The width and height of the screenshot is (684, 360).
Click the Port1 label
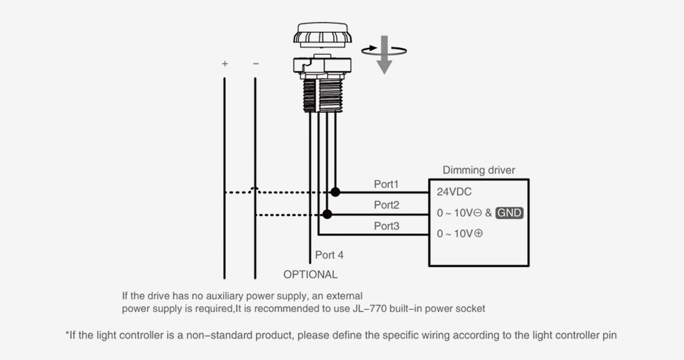pyautogui.click(x=386, y=184)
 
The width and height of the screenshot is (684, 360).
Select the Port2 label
pyautogui.click(x=386, y=205)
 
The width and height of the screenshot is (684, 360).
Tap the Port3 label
pyautogui.click(x=386, y=226)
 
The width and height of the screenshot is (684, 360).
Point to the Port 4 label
pyautogui.click(x=330, y=255)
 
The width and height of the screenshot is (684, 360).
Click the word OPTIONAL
pyautogui.click(x=310, y=274)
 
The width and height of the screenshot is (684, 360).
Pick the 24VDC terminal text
pyautogui.click(x=454, y=192)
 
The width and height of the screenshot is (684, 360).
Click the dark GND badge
pyautogui.click(x=509, y=213)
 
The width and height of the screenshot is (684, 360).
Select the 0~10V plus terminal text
pyautogui.click(x=460, y=234)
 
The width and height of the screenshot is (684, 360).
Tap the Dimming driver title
pyautogui.click(x=479, y=170)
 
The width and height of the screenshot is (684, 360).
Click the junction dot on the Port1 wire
pyautogui.click(x=335, y=192)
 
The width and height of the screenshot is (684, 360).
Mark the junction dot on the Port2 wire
pyautogui.click(x=327, y=214)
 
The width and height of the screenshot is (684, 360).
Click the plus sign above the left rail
pyautogui.click(x=224, y=64)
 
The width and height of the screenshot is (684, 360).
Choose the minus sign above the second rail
pyautogui.click(x=256, y=64)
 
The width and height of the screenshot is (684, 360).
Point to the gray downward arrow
pyautogui.click(x=384, y=55)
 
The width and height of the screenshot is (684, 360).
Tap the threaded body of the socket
pyautogui.click(x=323, y=95)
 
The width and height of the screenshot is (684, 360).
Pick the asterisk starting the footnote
pyautogui.click(x=67, y=334)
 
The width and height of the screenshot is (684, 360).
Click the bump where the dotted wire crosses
pyautogui.click(x=255, y=190)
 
